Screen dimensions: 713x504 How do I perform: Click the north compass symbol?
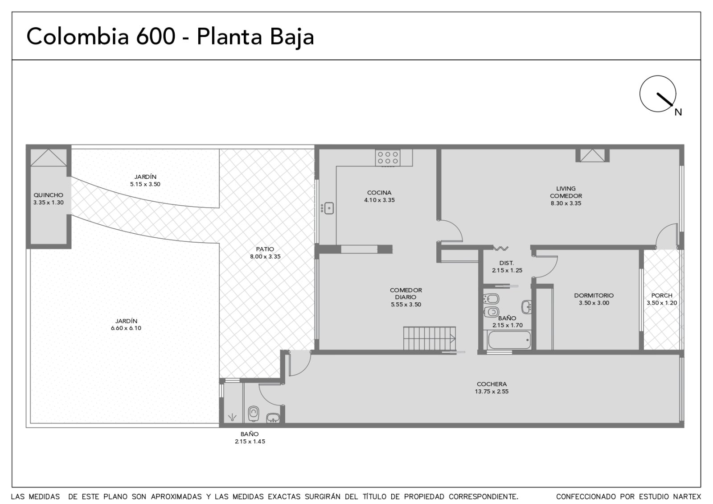(658, 94)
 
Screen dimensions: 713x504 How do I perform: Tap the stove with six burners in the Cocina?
(387, 158)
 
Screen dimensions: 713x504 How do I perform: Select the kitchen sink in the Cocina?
(328, 208)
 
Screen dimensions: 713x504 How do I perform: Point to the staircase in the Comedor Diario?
(430, 339)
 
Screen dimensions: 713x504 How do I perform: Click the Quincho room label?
(49, 195)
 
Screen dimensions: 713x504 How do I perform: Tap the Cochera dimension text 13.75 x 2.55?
(492, 392)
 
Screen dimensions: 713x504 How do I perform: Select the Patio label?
(265, 249)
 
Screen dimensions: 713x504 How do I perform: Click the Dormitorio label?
(594, 295)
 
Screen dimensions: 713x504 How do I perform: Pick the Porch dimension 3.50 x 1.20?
(662, 303)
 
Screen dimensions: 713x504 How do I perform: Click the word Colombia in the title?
(78, 36)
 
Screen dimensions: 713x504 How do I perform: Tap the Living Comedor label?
(566, 192)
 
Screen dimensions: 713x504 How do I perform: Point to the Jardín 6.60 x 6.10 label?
(126, 324)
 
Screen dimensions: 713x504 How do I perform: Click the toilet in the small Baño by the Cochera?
(254, 413)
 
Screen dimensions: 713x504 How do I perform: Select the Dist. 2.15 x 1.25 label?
(507, 267)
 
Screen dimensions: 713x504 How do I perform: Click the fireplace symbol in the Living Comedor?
(592, 155)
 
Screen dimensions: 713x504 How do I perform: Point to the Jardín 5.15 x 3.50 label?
(145, 180)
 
